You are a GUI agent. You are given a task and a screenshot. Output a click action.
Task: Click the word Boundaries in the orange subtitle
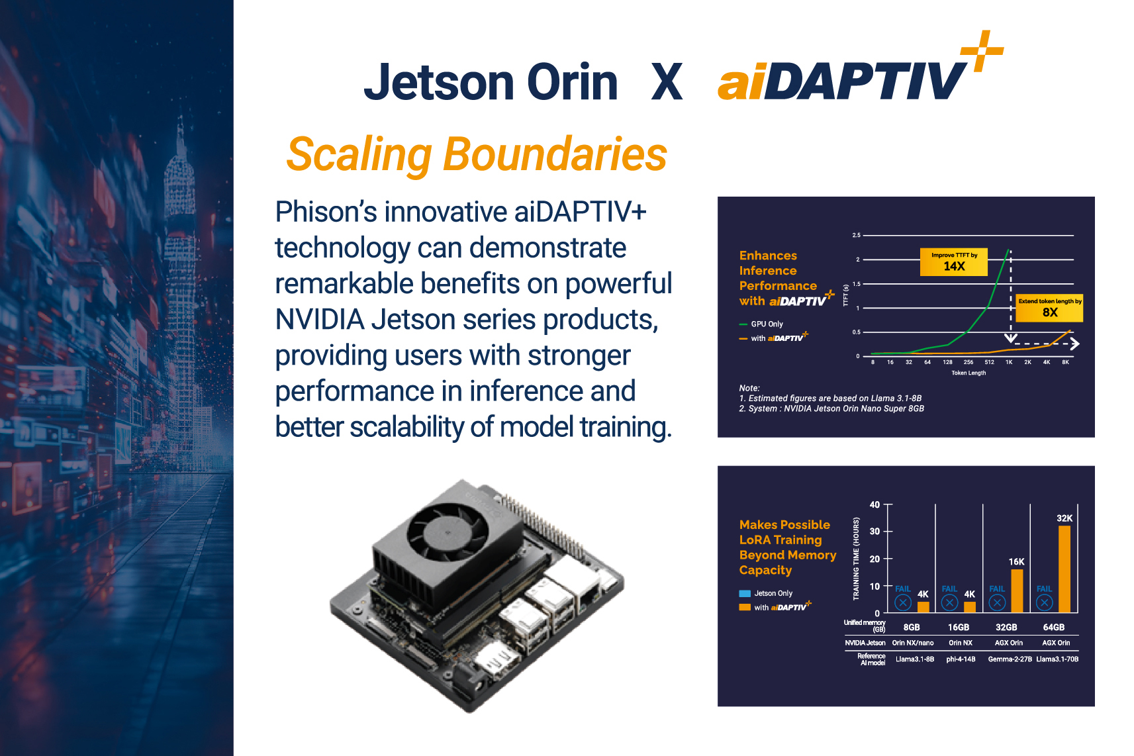(x=555, y=154)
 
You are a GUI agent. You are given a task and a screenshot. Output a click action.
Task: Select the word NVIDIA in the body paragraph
(x=320, y=320)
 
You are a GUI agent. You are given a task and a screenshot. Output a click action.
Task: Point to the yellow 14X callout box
(x=953, y=262)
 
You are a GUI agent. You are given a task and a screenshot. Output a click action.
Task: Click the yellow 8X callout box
(x=1049, y=308)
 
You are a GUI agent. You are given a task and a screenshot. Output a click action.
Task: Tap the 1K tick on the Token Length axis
(x=1009, y=362)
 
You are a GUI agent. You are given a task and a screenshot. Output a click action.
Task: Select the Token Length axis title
(x=969, y=373)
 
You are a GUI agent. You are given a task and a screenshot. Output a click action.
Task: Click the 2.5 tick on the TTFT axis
(x=857, y=235)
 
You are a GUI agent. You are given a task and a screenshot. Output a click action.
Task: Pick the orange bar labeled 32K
(x=1064, y=569)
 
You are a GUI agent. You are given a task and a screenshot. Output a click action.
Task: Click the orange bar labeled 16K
(x=1017, y=591)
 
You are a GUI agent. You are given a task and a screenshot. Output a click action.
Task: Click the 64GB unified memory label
(x=1053, y=627)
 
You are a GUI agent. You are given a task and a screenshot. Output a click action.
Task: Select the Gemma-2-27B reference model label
(x=1010, y=659)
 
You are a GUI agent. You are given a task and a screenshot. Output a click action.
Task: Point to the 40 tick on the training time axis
(x=874, y=504)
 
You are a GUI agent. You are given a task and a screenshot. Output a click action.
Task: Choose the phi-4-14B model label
(x=961, y=659)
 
